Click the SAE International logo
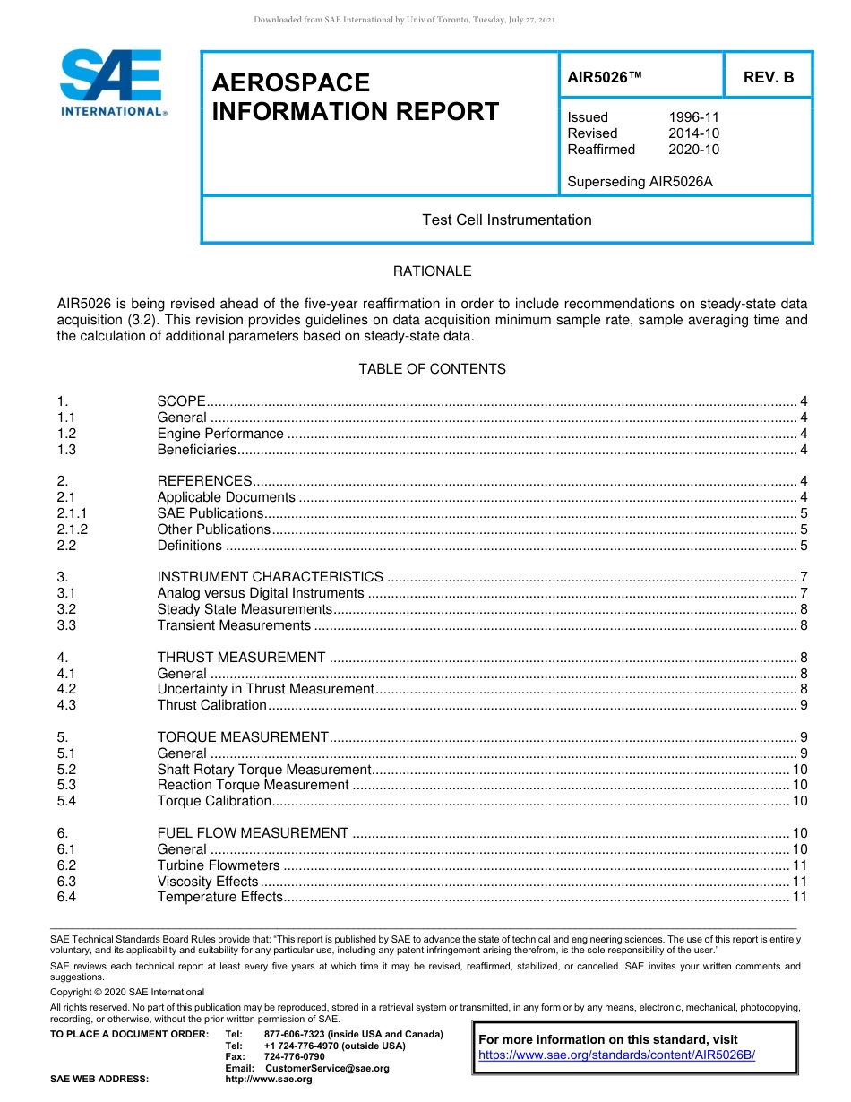pos(111,82)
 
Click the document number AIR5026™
pos(605,78)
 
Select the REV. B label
pos(768,78)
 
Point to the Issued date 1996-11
pos(693,117)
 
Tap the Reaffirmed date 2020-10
pos(693,150)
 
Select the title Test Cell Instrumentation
pos(506,220)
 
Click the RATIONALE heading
pos(432,271)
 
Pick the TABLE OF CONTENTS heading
pos(432,369)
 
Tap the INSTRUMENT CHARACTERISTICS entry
pos(270,577)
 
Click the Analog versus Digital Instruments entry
pos(260,593)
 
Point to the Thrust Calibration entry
pos(211,705)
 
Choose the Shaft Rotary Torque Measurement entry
pos(263,770)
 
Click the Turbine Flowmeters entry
pos(218,865)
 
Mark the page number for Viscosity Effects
pos(800,882)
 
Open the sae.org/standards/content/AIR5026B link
pos(616,1055)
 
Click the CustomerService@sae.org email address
pos(327,1068)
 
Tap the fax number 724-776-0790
pos(294,1057)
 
